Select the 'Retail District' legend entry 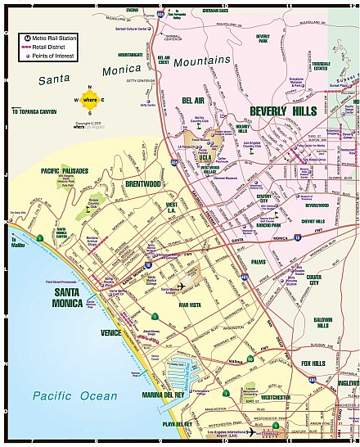pyautogui.click(x=48, y=47)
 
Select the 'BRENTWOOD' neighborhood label pyautogui.click(x=143, y=185)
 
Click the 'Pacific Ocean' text pyautogui.click(x=64, y=396)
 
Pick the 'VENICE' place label pyautogui.click(x=110, y=333)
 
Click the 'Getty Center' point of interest pyautogui.click(x=148, y=105)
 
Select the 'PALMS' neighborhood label pyautogui.click(x=259, y=262)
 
